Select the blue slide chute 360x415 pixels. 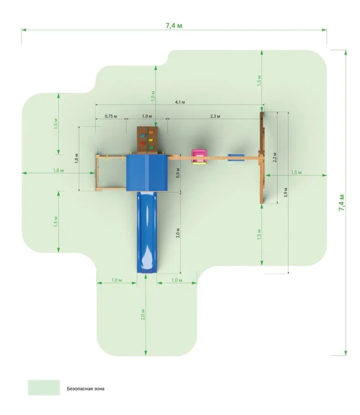click(147, 232)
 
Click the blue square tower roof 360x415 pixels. click(147, 172)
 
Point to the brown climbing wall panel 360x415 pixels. click(148, 140)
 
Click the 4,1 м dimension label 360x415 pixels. click(180, 102)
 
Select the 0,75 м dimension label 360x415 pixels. click(111, 116)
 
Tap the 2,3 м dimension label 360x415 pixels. click(215, 116)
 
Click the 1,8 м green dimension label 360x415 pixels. click(58, 170)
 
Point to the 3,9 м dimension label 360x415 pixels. click(286, 192)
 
